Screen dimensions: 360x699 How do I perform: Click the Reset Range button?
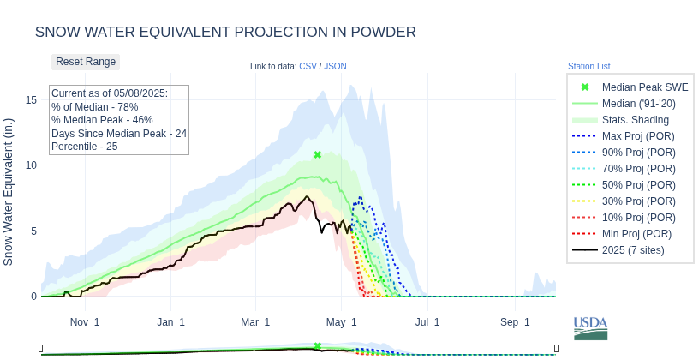(x=86, y=62)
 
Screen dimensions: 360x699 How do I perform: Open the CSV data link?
(x=308, y=66)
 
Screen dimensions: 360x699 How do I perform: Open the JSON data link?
(x=335, y=66)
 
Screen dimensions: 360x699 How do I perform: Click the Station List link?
(x=588, y=66)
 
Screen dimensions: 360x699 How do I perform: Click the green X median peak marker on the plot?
(x=318, y=155)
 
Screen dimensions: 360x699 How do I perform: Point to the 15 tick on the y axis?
(x=31, y=100)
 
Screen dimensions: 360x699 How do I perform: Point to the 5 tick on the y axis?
(x=33, y=231)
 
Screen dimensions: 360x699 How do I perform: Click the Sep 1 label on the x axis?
(x=515, y=322)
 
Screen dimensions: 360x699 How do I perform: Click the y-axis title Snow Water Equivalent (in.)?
(x=9, y=192)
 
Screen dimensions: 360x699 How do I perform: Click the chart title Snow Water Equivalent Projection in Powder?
(x=225, y=32)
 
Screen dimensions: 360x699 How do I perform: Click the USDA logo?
(x=590, y=327)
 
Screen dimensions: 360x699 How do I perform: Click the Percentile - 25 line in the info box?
(x=84, y=147)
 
